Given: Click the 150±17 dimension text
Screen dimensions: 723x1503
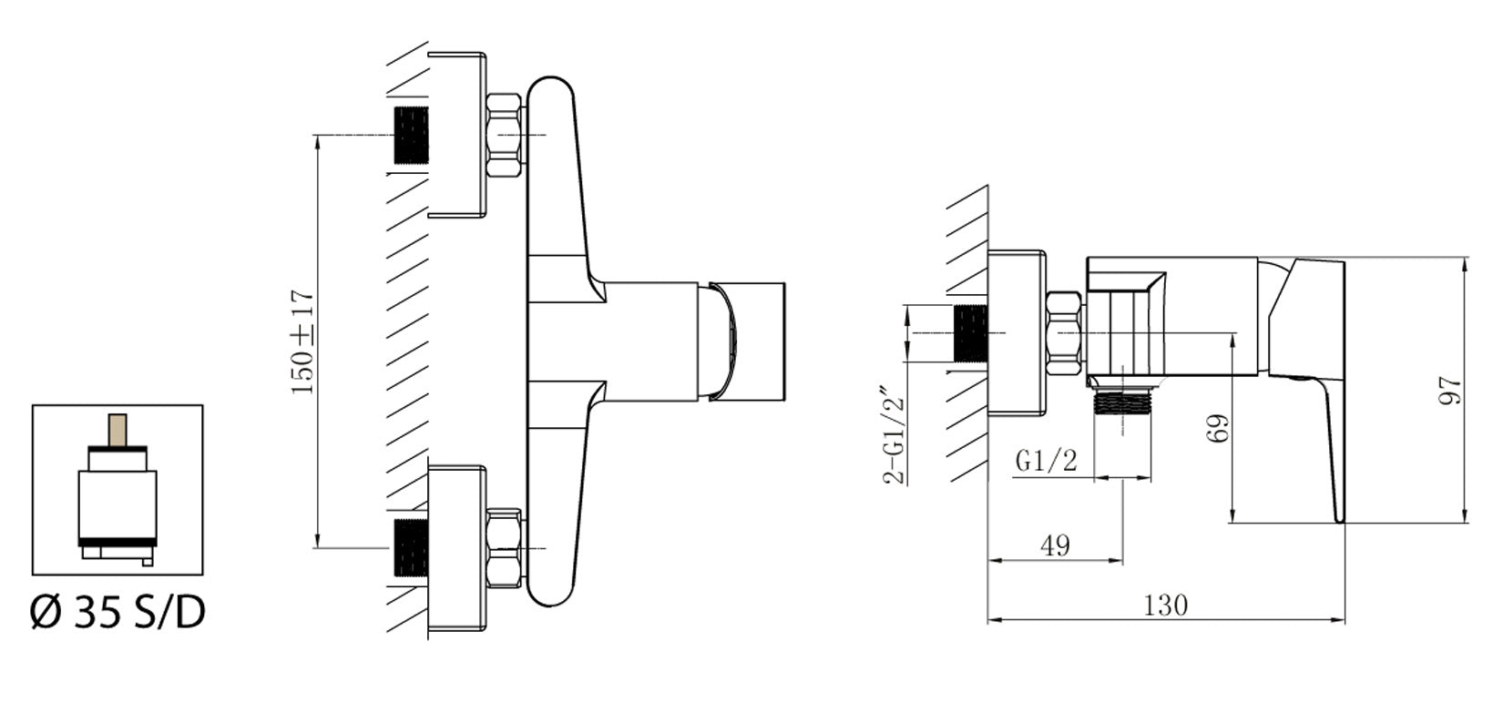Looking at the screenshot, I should pyautogui.click(x=303, y=341).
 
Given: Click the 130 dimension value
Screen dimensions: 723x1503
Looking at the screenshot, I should pyautogui.click(x=1167, y=605).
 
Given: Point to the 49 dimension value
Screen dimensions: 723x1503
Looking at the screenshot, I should pyautogui.click(x=1055, y=545).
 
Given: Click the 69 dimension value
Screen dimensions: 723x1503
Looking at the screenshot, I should pyautogui.click(x=1219, y=427).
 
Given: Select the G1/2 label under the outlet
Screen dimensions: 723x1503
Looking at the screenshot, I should pyautogui.click(x=1047, y=462).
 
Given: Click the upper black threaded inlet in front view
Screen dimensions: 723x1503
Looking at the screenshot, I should pyautogui.click(x=411, y=135).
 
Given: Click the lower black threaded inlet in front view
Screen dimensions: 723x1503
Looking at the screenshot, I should pyautogui.click(x=411, y=548).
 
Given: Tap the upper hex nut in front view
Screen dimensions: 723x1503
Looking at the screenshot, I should pyautogui.click(x=506, y=135).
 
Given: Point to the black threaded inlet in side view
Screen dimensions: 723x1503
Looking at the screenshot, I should pyautogui.click(x=970, y=334).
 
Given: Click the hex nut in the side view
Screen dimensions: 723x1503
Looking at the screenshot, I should pyautogui.click(x=1066, y=334).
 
